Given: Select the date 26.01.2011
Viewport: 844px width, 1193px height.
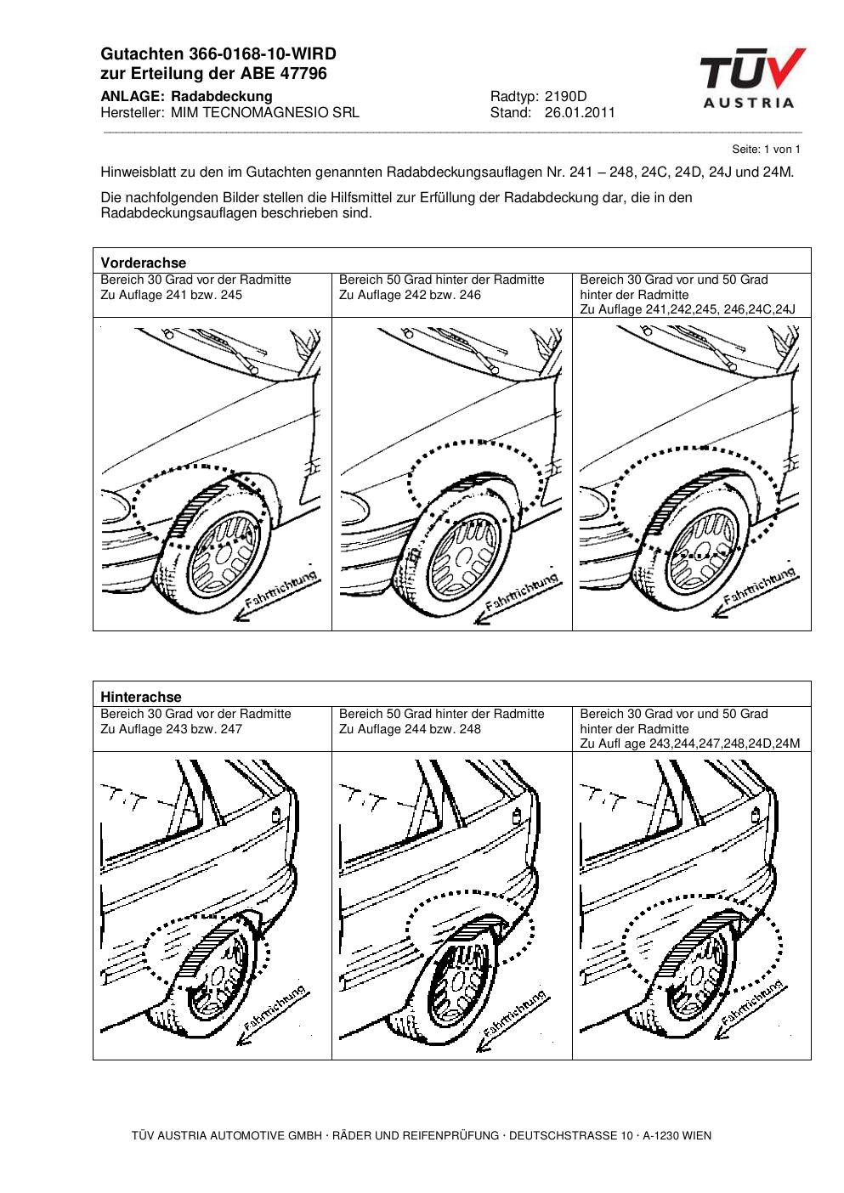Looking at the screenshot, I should (x=580, y=112).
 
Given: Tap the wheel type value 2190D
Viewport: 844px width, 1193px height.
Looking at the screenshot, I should (x=565, y=97).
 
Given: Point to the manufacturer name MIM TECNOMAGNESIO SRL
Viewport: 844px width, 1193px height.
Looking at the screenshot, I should (x=265, y=112).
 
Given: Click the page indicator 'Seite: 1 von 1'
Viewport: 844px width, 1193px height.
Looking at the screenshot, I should (x=766, y=149).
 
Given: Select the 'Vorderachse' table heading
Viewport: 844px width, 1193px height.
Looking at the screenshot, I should (x=143, y=263).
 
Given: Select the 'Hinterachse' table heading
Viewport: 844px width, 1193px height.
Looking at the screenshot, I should (x=140, y=697).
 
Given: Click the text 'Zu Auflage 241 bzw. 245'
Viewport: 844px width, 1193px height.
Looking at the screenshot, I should (x=171, y=295).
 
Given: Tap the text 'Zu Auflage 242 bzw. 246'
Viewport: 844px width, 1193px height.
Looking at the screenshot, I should (x=410, y=295).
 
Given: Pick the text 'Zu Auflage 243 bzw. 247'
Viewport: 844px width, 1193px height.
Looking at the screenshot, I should (x=171, y=729).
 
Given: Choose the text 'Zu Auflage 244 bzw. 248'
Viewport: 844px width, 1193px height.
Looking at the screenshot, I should (x=410, y=729).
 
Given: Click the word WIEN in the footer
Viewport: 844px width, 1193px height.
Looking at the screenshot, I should (x=696, y=1135).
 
